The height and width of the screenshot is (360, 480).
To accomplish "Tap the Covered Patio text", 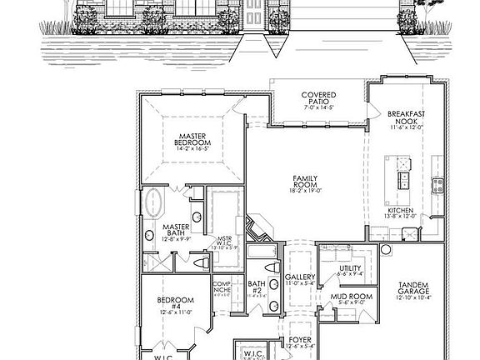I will pyautogui.click(x=318, y=100).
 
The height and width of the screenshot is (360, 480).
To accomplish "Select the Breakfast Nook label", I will pyautogui.click(x=407, y=117).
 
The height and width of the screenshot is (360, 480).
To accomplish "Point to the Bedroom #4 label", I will pyautogui.click(x=176, y=302).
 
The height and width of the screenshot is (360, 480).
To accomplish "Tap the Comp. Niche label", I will pyautogui.click(x=221, y=287).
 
